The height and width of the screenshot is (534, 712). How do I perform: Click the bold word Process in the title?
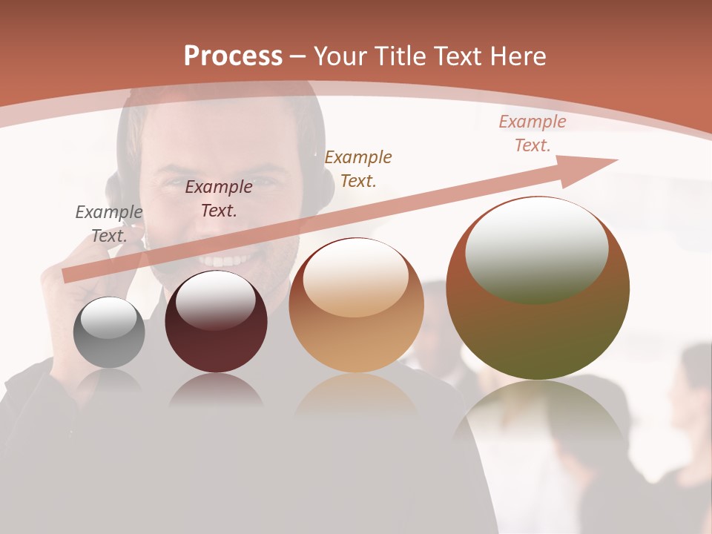click(x=233, y=56)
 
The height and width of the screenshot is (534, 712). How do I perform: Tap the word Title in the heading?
click(x=397, y=56)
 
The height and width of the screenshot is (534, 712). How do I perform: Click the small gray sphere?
click(x=109, y=333)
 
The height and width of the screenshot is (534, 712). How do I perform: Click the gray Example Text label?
click(x=108, y=224)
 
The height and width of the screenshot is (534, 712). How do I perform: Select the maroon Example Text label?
click(x=218, y=199)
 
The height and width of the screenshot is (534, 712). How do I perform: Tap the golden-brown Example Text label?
click(x=358, y=168)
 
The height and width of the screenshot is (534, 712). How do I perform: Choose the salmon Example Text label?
click(x=533, y=133)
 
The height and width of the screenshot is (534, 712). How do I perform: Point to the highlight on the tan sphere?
click(x=355, y=278)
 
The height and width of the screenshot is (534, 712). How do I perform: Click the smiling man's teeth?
click(x=226, y=261)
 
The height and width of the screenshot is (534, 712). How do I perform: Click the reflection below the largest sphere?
click(x=538, y=415)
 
